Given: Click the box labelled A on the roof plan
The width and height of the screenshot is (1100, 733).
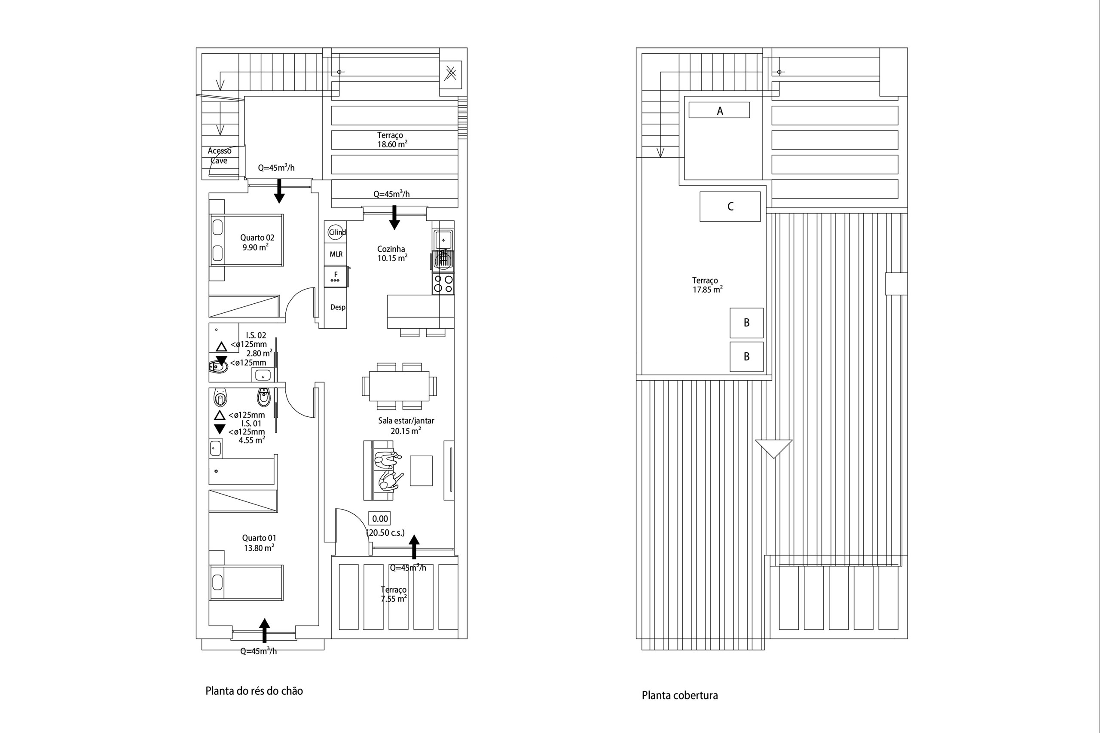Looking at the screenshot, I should [x=719, y=110].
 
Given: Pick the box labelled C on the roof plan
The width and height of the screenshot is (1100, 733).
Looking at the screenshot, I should [x=730, y=206].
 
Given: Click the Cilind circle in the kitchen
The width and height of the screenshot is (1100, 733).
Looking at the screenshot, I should [x=336, y=232].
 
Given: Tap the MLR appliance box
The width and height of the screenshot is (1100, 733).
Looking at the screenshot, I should [x=336, y=254].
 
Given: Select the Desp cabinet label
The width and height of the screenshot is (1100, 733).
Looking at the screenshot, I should [x=338, y=307].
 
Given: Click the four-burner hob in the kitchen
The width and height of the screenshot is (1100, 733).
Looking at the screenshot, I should [x=443, y=284].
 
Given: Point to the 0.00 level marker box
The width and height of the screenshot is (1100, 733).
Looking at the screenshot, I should [x=379, y=519].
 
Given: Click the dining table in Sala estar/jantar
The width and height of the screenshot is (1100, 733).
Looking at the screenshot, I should [x=399, y=386].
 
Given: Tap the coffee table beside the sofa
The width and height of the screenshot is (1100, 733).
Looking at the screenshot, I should [x=421, y=471].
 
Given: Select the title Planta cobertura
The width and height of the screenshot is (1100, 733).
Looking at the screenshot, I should [x=679, y=695].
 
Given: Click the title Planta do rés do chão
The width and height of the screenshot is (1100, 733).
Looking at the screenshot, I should [x=254, y=690].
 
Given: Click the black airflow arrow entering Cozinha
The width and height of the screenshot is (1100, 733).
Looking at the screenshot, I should [x=394, y=217].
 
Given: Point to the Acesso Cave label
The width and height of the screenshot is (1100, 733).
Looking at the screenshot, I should [x=219, y=156].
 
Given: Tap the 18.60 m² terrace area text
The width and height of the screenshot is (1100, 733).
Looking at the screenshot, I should [x=392, y=144].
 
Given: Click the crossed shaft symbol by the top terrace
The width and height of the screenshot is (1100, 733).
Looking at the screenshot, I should [x=450, y=73].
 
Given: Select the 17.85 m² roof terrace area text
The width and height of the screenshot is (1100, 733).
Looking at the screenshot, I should [x=707, y=289].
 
